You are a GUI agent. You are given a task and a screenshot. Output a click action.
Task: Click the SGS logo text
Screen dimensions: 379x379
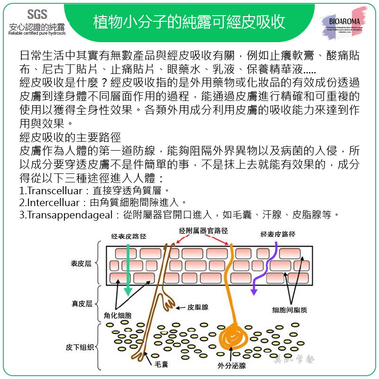(37, 14)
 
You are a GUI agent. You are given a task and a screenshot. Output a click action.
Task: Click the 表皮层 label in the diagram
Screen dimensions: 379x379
(81, 264)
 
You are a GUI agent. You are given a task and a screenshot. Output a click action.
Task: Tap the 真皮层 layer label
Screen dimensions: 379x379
(81, 303)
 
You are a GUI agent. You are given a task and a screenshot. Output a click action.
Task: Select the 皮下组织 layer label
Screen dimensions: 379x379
(79, 348)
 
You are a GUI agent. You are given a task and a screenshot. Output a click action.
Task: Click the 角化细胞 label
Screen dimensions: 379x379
(117, 315)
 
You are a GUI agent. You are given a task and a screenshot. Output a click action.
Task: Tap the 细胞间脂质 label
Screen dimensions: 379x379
(289, 310)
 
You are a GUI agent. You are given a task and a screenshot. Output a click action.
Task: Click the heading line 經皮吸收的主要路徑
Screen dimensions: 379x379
(70, 138)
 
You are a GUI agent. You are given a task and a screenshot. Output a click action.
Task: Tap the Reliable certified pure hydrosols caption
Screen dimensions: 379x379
(37, 33)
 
